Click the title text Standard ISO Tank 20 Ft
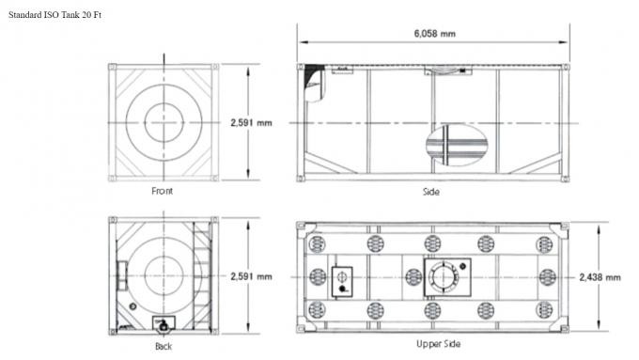pyautogui.click(x=55, y=17)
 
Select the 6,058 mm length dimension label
pyautogui.click(x=434, y=34)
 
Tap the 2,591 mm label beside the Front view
pyautogui.click(x=251, y=123)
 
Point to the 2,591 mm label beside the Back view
pyautogui.click(x=251, y=276)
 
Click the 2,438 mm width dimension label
pyautogui.click(x=600, y=277)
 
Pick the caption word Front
pyautogui.click(x=163, y=192)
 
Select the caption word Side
pyautogui.click(x=431, y=192)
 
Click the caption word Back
pyautogui.click(x=164, y=345)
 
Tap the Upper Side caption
pyautogui.click(x=438, y=344)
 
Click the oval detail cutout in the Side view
pyautogui.click(x=459, y=146)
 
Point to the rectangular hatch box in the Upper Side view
pyautogui.click(x=342, y=278)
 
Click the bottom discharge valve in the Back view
pyautogui.click(x=164, y=324)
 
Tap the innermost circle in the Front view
pyautogui.click(x=165, y=122)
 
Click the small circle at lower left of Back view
pyautogui.click(x=132, y=307)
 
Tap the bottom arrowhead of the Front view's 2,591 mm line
pyautogui.click(x=247, y=178)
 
